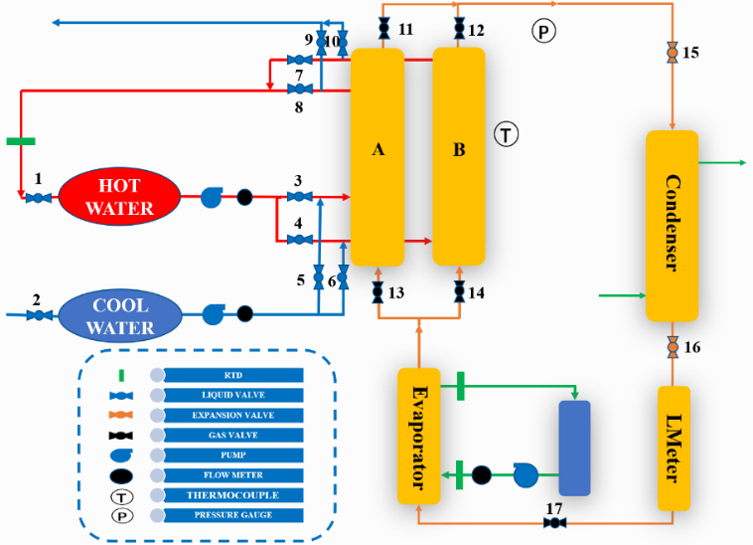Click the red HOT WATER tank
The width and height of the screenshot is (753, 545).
(x=119, y=197)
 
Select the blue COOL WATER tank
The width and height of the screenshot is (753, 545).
(x=120, y=315)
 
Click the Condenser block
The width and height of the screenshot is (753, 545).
(x=673, y=225)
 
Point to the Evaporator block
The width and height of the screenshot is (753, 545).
(x=418, y=435)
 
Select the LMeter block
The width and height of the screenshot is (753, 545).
(x=674, y=448)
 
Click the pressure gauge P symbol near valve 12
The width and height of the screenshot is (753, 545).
(x=543, y=32)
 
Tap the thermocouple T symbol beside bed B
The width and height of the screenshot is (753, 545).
(x=507, y=132)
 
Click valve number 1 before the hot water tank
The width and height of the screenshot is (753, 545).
(x=39, y=198)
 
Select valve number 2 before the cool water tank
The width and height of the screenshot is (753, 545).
(x=39, y=315)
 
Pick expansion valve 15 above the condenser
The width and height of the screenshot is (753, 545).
(x=674, y=51)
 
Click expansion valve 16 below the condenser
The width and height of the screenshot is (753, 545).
(x=674, y=346)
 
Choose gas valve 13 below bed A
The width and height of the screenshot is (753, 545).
(x=377, y=292)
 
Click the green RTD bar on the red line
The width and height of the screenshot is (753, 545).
(x=20, y=140)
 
